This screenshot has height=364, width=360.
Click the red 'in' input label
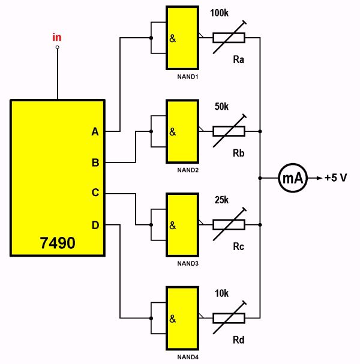[57, 37]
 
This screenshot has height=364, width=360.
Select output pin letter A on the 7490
[95, 131]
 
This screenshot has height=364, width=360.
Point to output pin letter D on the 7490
[95, 225]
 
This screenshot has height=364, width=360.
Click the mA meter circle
[292, 178]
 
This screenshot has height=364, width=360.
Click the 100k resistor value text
[221, 12]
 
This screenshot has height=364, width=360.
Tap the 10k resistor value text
[221, 294]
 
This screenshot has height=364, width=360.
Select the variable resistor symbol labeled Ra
[229, 38]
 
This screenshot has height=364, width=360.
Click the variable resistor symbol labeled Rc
[229, 225]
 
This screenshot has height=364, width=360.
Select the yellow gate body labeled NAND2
[182, 131]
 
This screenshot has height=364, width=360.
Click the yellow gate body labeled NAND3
[182, 225]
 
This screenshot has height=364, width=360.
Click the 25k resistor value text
[221, 200]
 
